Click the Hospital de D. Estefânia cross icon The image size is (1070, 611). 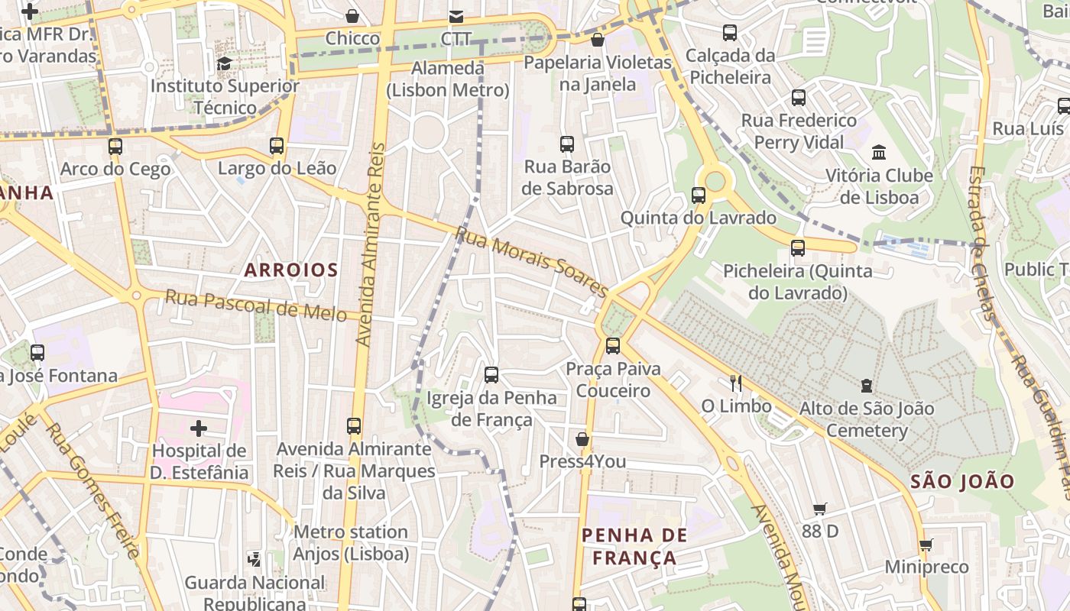click(199, 428)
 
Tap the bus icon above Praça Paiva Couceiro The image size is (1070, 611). click(612, 346)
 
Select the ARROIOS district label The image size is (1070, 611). click(290, 270)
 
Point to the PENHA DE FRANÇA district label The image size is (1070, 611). click(635, 546)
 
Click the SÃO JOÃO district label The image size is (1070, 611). click(962, 481)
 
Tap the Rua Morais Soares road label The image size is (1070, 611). click(532, 262)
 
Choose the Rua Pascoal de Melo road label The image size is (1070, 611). click(255, 305)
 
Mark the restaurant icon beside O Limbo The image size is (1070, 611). click(736, 383)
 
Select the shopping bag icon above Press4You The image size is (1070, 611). click(582, 439)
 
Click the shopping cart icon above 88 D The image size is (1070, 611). click(820, 509)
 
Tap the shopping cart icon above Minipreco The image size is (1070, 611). click(926, 545)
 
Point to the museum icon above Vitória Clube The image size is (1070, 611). click(878, 153)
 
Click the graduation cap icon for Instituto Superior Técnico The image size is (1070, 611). click(224, 63)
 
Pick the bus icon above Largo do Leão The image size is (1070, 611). click(277, 145)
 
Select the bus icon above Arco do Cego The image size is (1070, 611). click(115, 146)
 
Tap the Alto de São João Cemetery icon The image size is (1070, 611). click(866, 386)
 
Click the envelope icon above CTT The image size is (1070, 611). click(456, 16)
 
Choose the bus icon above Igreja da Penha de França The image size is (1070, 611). click(491, 375)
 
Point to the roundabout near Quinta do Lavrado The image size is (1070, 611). click(715, 181)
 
